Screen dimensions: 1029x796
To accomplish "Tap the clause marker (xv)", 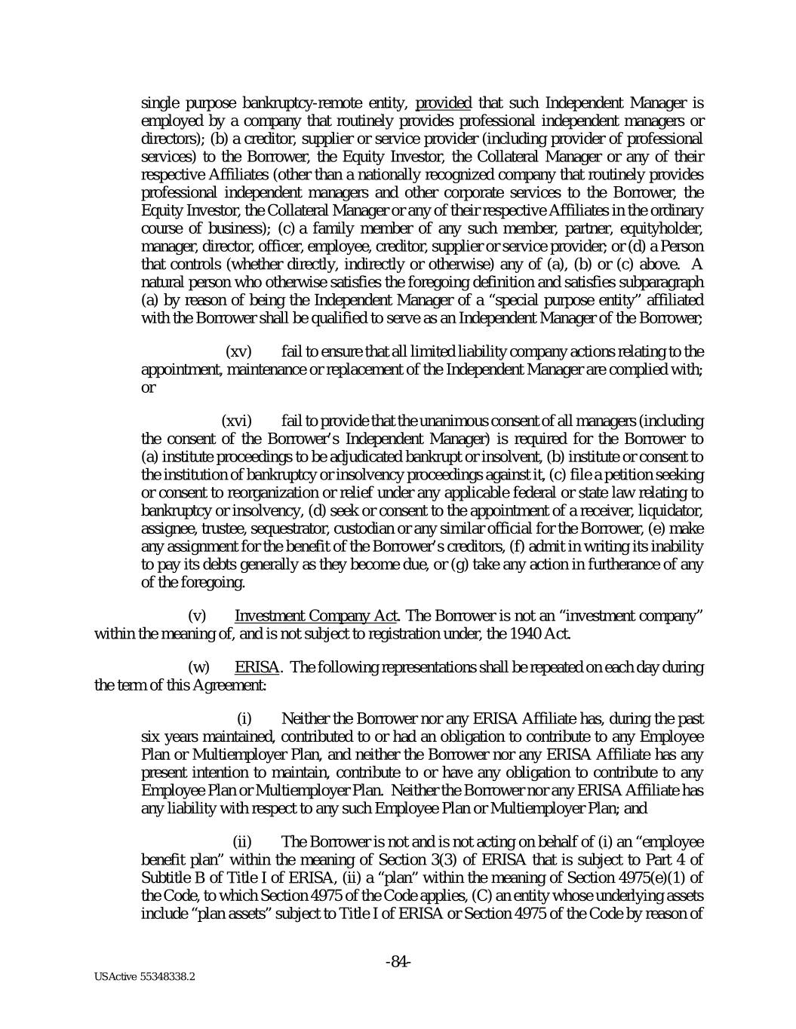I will [239, 352].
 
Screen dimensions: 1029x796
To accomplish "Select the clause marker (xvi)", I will [236, 421].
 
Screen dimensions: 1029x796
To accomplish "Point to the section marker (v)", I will [196, 617].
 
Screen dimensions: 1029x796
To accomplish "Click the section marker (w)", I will [198, 668].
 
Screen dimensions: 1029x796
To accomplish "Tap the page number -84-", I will [398, 961].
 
